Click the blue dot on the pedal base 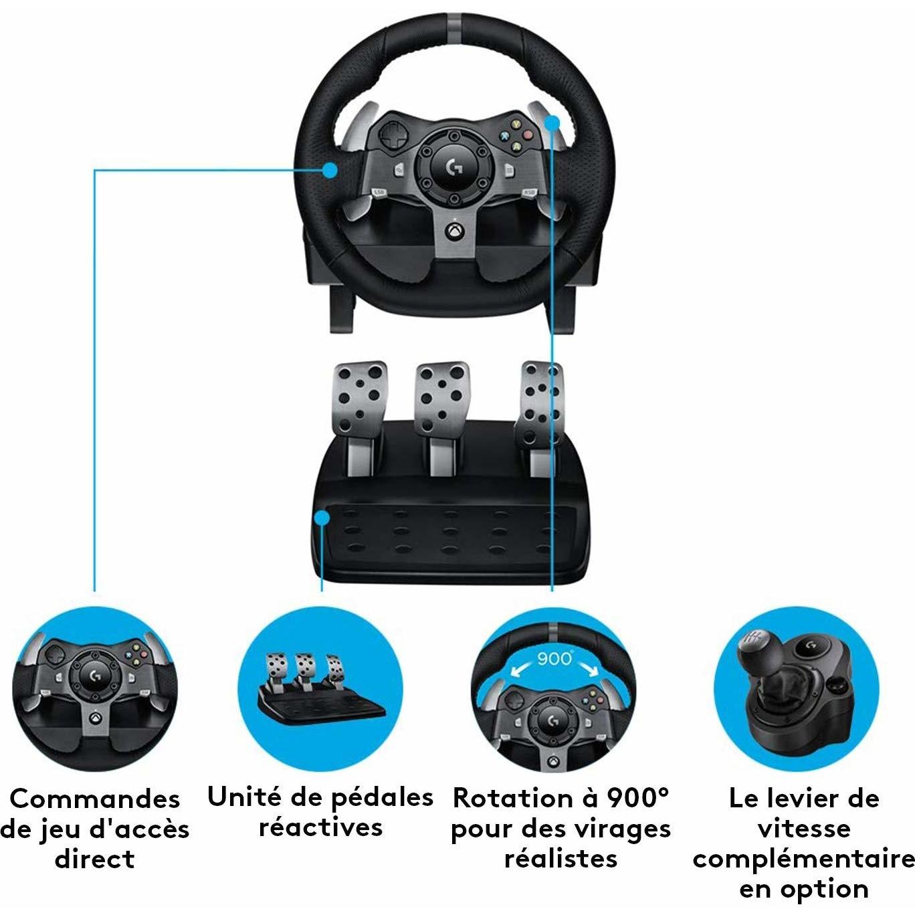(x=323, y=518)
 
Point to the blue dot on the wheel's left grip (x=329, y=170)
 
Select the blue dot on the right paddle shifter (x=552, y=122)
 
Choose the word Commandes (x=95, y=799)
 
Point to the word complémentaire (x=803, y=859)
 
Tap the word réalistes (x=561, y=858)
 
